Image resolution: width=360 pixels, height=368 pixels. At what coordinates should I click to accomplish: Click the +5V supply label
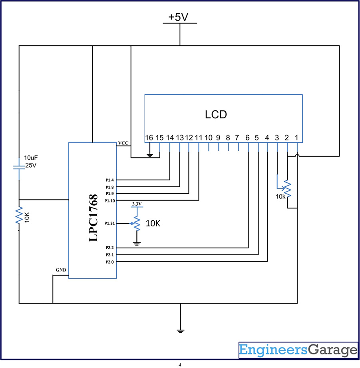(178, 17)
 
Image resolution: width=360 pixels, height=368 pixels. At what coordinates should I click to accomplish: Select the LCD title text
(216, 114)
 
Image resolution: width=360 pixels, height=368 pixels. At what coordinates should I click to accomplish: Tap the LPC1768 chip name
(93, 218)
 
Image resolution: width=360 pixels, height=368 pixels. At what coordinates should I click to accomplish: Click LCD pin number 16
(149, 138)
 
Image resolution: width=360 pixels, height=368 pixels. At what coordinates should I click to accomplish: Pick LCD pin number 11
(199, 138)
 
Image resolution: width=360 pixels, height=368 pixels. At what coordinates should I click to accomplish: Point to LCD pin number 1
(296, 138)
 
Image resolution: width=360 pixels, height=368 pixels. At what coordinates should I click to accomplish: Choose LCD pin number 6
(247, 138)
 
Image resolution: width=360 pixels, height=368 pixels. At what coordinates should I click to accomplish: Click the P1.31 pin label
(110, 223)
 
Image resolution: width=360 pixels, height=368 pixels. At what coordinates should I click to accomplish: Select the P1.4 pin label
(110, 180)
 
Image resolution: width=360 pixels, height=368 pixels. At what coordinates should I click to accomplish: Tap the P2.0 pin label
(110, 262)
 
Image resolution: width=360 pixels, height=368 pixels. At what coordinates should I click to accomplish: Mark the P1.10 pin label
(110, 201)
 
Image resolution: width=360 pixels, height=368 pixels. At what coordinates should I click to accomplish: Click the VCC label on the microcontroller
(123, 143)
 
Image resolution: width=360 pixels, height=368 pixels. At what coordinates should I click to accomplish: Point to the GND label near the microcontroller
(61, 270)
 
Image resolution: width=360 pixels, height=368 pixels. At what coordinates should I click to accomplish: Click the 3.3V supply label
(137, 204)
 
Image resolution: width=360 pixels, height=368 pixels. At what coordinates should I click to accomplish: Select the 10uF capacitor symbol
(19, 167)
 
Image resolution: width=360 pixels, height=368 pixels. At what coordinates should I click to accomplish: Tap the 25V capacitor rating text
(31, 165)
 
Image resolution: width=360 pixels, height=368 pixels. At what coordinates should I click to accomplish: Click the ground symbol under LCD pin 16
(150, 155)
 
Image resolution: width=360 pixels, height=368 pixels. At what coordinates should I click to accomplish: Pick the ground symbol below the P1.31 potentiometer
(137, 244)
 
